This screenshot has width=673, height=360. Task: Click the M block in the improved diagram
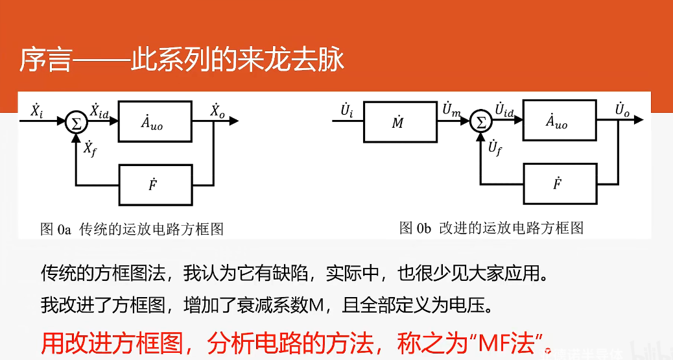(398, 121)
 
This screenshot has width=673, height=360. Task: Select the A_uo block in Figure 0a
(155, 121)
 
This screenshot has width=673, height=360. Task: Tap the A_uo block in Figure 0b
(559, 121)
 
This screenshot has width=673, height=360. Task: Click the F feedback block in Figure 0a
(155, 185)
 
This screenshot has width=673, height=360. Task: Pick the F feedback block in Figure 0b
(559, 184)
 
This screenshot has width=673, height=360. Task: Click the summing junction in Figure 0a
(77, 122)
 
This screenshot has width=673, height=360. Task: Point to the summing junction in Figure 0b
(481, 121)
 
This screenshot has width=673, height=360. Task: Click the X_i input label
(37, 110)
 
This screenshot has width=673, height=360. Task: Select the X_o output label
(218, 110)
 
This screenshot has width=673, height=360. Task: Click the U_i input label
(347, 110)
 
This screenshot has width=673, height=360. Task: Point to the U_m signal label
(451, 110)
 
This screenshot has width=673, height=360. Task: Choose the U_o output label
(622, 110)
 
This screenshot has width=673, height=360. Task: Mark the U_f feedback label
(495, 149)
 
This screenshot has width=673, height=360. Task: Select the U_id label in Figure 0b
(504, 110)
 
